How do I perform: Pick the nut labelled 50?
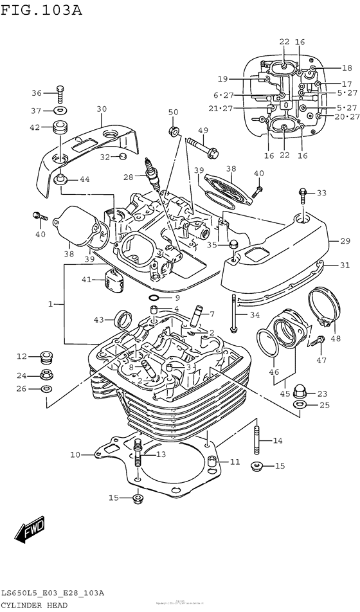[x=173, y=132]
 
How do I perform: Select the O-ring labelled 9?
[x=154, y=298]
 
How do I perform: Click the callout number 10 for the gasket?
[x=75, y=455]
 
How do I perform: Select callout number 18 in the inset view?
[x=346, y=68]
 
